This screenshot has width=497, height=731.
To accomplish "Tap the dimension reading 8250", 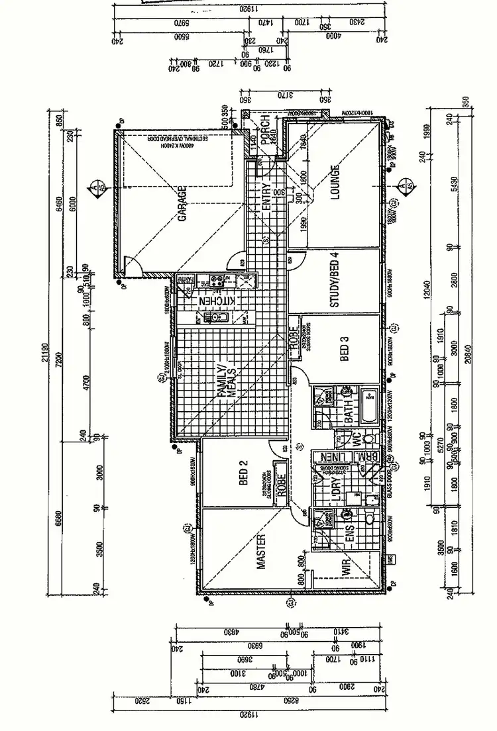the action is point(288,701).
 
